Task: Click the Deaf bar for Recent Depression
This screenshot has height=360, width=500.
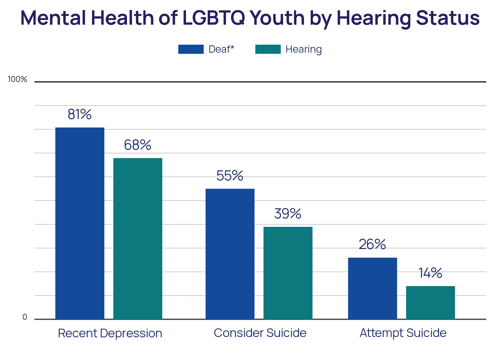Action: coord(80,223)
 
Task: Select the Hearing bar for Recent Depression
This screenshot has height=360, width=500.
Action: coord(138,239)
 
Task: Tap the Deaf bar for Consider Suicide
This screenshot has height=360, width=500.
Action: coord(230,254)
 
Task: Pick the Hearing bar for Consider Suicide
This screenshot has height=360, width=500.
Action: coord(288,273)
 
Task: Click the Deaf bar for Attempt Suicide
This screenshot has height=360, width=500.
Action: coord(372,288)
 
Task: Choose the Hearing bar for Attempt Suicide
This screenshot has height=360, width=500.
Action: coord(430,303)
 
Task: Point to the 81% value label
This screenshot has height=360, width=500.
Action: coord(79,114)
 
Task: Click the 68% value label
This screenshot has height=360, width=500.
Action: coord(138,145)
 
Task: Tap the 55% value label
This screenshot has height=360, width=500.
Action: coord(230,176)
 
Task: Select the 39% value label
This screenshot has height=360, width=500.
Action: coord(288,214)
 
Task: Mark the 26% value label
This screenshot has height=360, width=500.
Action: coord(372,244)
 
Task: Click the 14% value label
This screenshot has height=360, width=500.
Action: coord(430,273)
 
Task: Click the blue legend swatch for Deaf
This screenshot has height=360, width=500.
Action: coord(191,49)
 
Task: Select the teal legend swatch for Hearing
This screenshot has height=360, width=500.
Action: coord(268,49)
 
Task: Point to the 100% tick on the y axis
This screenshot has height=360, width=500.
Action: coord(17,79)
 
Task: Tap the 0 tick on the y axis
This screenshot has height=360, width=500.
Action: coord(25,317)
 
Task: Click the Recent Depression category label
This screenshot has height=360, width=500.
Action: coord(110,333)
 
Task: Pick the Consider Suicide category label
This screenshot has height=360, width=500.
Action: coord(260,333)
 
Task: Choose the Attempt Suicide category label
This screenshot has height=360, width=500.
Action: coord(403,333)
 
